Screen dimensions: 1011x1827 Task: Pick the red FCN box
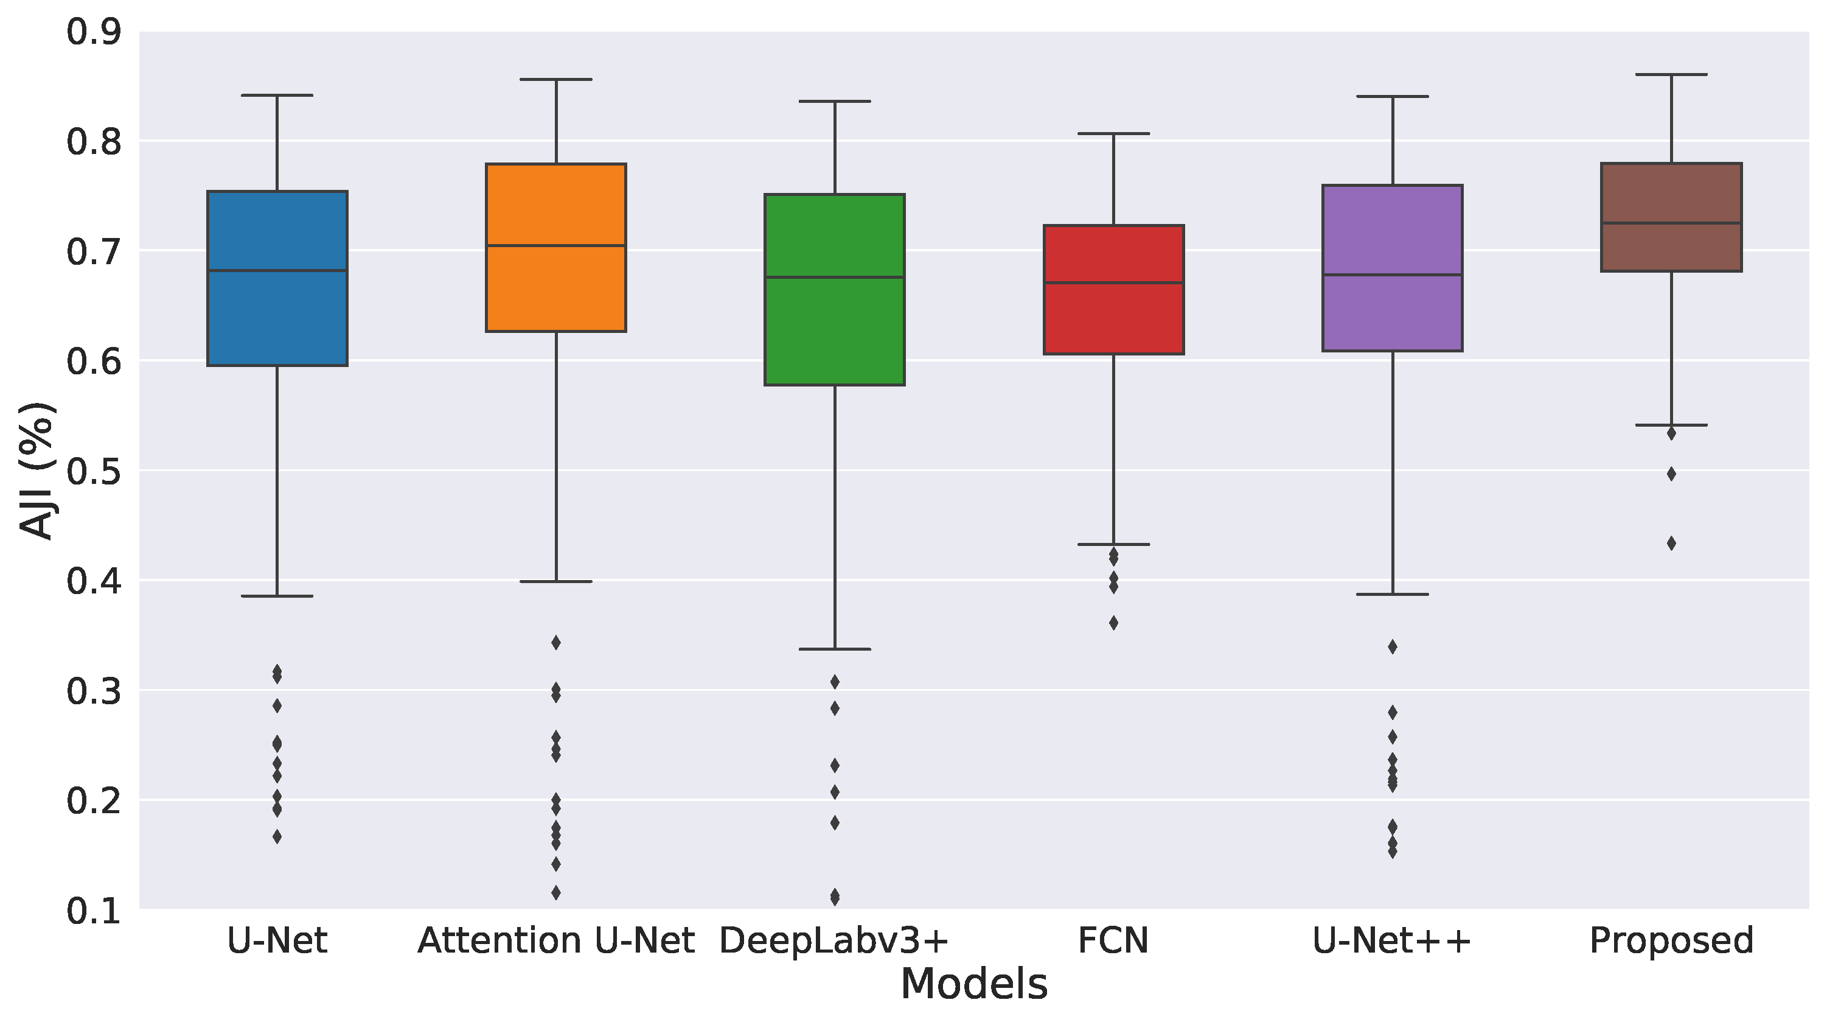pos(1113,320)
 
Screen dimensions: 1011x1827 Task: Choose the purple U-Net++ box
pos(1392,312)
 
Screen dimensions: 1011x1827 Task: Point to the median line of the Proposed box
pos(1672,223)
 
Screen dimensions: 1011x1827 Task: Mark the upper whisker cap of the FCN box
pos(1113,133)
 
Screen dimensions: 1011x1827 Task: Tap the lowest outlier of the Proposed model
pos(1672,544)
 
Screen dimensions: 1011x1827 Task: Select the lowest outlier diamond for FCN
pos(1113,623)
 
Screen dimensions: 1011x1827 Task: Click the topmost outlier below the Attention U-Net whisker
pos(556,643)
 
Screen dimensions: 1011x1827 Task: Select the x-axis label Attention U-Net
pos(556,942)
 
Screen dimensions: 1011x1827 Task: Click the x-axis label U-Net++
pos(1392,942)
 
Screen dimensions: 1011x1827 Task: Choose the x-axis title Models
pos(974,985)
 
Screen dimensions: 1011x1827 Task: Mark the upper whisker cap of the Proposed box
pos(1672,74)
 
